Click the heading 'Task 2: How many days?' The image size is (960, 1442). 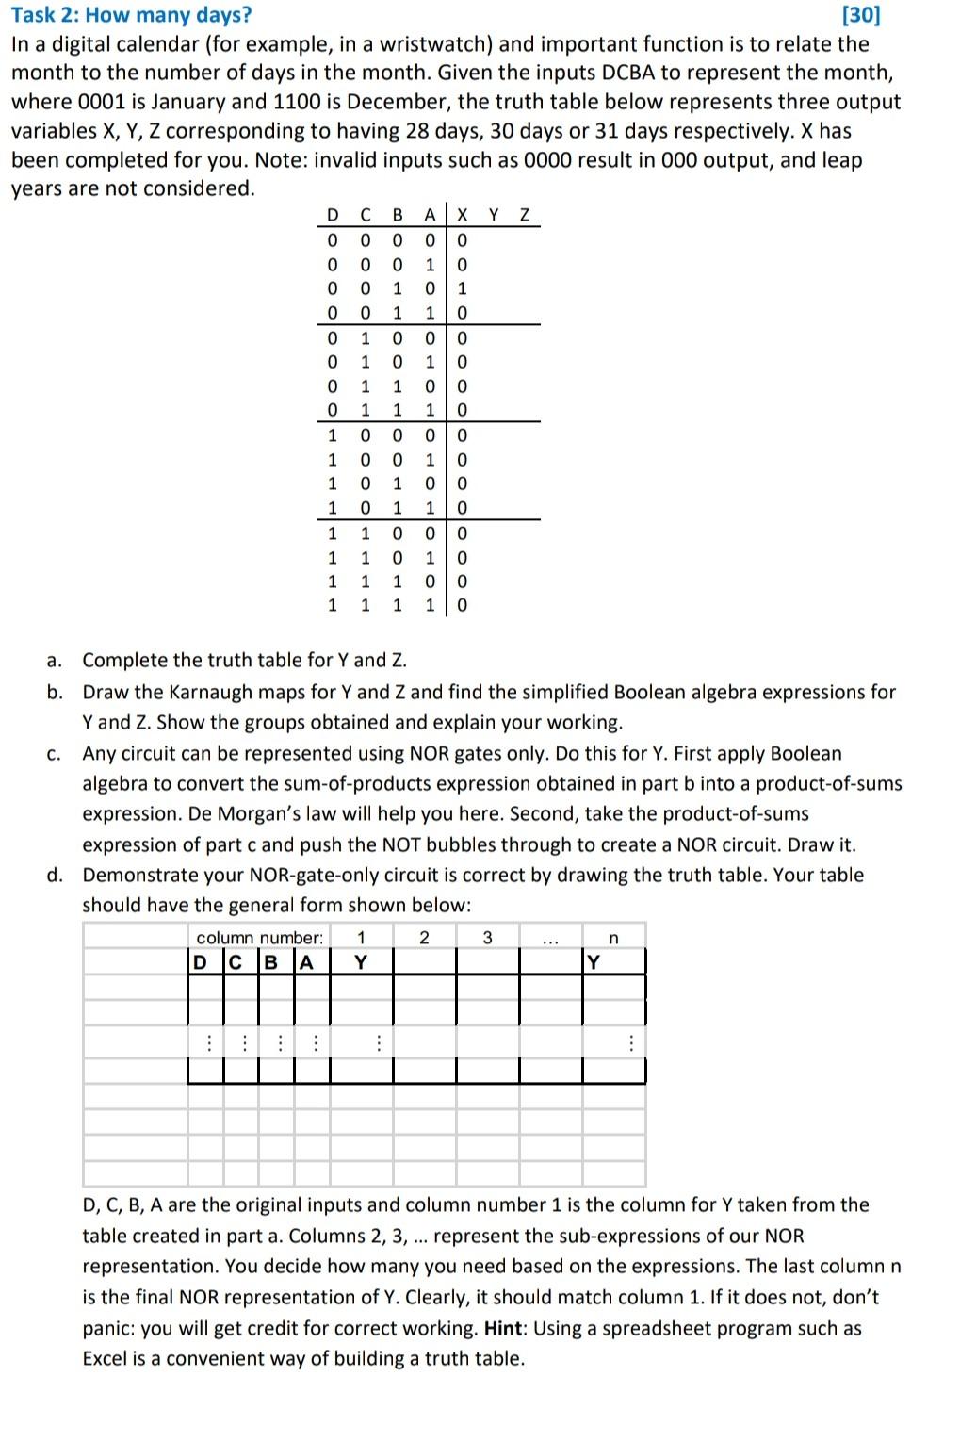(x=131, y=15)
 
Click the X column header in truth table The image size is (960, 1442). (x=462, y=216)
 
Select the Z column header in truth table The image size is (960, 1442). (x=525, y=216)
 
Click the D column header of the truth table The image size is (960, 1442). (x=332, y=216)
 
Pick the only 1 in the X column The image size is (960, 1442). (x=462, y=288)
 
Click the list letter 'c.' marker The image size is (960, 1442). (x=54, y=754)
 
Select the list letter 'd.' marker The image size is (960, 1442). (x=55, y=876)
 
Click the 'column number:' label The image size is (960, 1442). (x=259, y=938)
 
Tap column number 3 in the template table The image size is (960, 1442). (x=487, y=938)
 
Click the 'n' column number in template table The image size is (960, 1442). (x=613, y=938)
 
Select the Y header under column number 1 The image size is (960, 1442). (x=361, y=962)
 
